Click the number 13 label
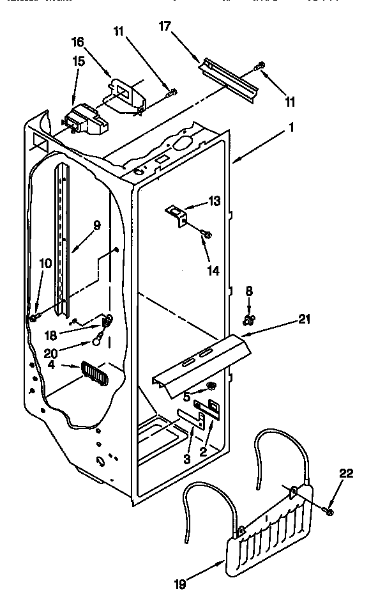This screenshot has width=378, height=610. tap(213, 201)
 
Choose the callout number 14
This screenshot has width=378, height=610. tap(213, 270)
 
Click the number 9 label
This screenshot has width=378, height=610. tap(96, 225)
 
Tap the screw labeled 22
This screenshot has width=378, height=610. tap(329, 508)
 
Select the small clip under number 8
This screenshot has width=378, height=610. tap(248, 317)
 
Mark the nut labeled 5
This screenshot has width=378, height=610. tap(211, 386)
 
